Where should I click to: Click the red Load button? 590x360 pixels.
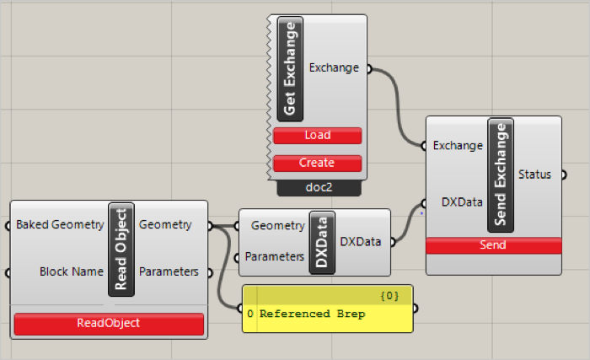coord(317,136)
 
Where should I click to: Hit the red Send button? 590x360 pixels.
coord(493,245)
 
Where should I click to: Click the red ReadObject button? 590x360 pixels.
coord(109,323)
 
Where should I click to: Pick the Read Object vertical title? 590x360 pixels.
coord(121,248)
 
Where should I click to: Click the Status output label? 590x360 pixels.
coord(534,175)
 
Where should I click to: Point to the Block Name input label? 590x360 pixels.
coord(71,271)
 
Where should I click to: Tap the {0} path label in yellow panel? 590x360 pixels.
coord(390,295)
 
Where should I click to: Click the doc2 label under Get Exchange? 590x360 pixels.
coord(317,188)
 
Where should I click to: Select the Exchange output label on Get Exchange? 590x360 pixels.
coord(335,67)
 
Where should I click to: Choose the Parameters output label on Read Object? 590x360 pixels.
coord(169,271)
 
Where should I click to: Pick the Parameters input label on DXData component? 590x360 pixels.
coord(274,256)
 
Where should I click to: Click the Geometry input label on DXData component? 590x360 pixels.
coord(277,226)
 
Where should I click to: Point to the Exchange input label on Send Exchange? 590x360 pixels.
coord(458,145)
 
